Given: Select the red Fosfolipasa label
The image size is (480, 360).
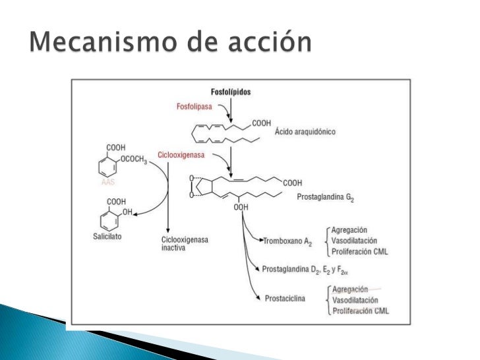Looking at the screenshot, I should point(195,106).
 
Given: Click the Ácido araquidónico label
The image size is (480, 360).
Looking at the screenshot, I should point(305,131).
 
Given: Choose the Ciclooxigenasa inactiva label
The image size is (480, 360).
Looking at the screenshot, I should point(185,243).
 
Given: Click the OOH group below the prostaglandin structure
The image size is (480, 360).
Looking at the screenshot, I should point(241,207).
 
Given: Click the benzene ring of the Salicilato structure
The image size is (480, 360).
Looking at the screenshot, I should point(108,218).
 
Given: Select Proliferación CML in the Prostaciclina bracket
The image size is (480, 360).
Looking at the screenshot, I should point(360,311).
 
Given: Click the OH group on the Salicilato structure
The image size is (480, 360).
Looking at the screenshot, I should point(128,212).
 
